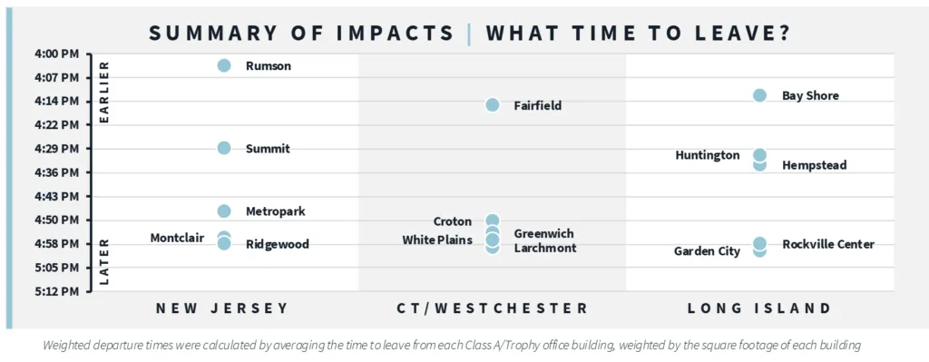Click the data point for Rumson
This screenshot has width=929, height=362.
point(224,65)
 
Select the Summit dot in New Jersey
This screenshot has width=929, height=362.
point(224,148)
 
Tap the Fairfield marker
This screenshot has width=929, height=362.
point(492,105)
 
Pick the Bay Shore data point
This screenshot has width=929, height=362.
point(760,95)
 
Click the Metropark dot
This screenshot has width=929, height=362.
point(224,211)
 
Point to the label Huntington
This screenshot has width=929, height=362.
point(708,155)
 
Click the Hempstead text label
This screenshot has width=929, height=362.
point(814,166)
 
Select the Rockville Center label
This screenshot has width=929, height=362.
point(827,244)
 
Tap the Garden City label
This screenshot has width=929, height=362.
point(707,251)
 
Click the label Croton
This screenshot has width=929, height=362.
point(453,221)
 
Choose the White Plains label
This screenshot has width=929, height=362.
point(437,240)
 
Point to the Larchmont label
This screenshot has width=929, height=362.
point(544,248)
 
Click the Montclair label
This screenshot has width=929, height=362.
point(177,238)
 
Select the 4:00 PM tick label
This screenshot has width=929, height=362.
point(56,54)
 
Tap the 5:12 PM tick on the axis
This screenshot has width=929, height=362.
point(56,291)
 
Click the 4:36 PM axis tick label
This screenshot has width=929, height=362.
point(56,172)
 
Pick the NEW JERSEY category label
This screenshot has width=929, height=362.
point(222,308)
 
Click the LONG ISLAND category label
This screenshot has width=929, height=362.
point(759,308)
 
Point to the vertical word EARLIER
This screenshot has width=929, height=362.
point(103,93)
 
